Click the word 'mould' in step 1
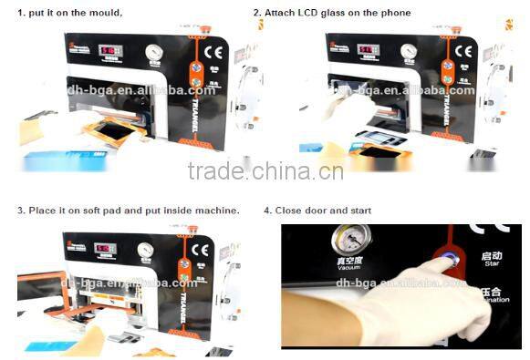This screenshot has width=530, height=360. point(103,13)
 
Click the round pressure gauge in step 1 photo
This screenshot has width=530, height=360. point(154,52)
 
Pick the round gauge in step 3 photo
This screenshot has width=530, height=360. point(145,250)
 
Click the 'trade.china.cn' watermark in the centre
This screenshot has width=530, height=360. point(264,171)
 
